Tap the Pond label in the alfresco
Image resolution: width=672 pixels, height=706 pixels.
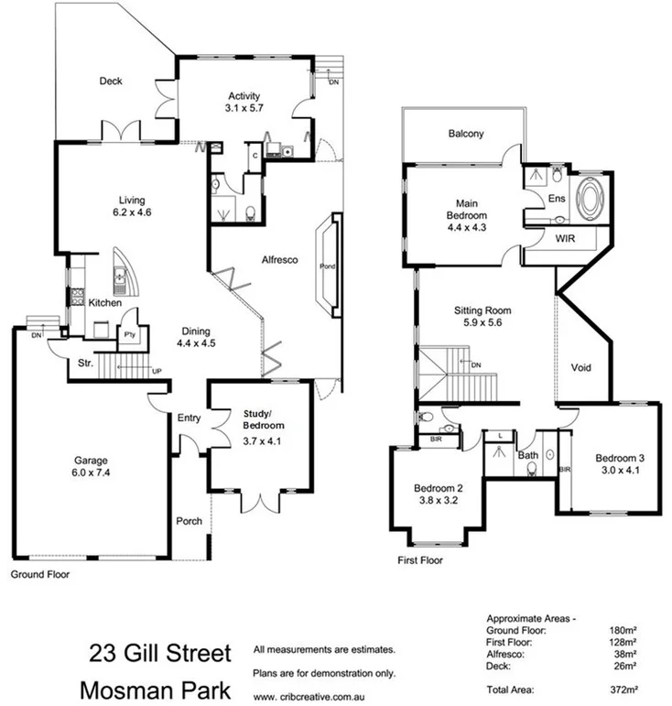click(327, 266)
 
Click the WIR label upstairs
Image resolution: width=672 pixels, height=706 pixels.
click(565, 238)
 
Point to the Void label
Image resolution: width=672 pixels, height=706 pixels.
click(580, 368)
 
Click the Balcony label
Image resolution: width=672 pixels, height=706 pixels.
click(465, 134)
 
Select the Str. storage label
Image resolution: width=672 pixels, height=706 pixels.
click(85, 363)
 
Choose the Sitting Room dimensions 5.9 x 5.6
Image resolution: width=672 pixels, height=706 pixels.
click(482, 323)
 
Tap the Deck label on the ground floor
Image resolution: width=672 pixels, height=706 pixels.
click(111, 81)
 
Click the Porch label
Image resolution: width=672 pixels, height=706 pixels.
click(189, 522)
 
